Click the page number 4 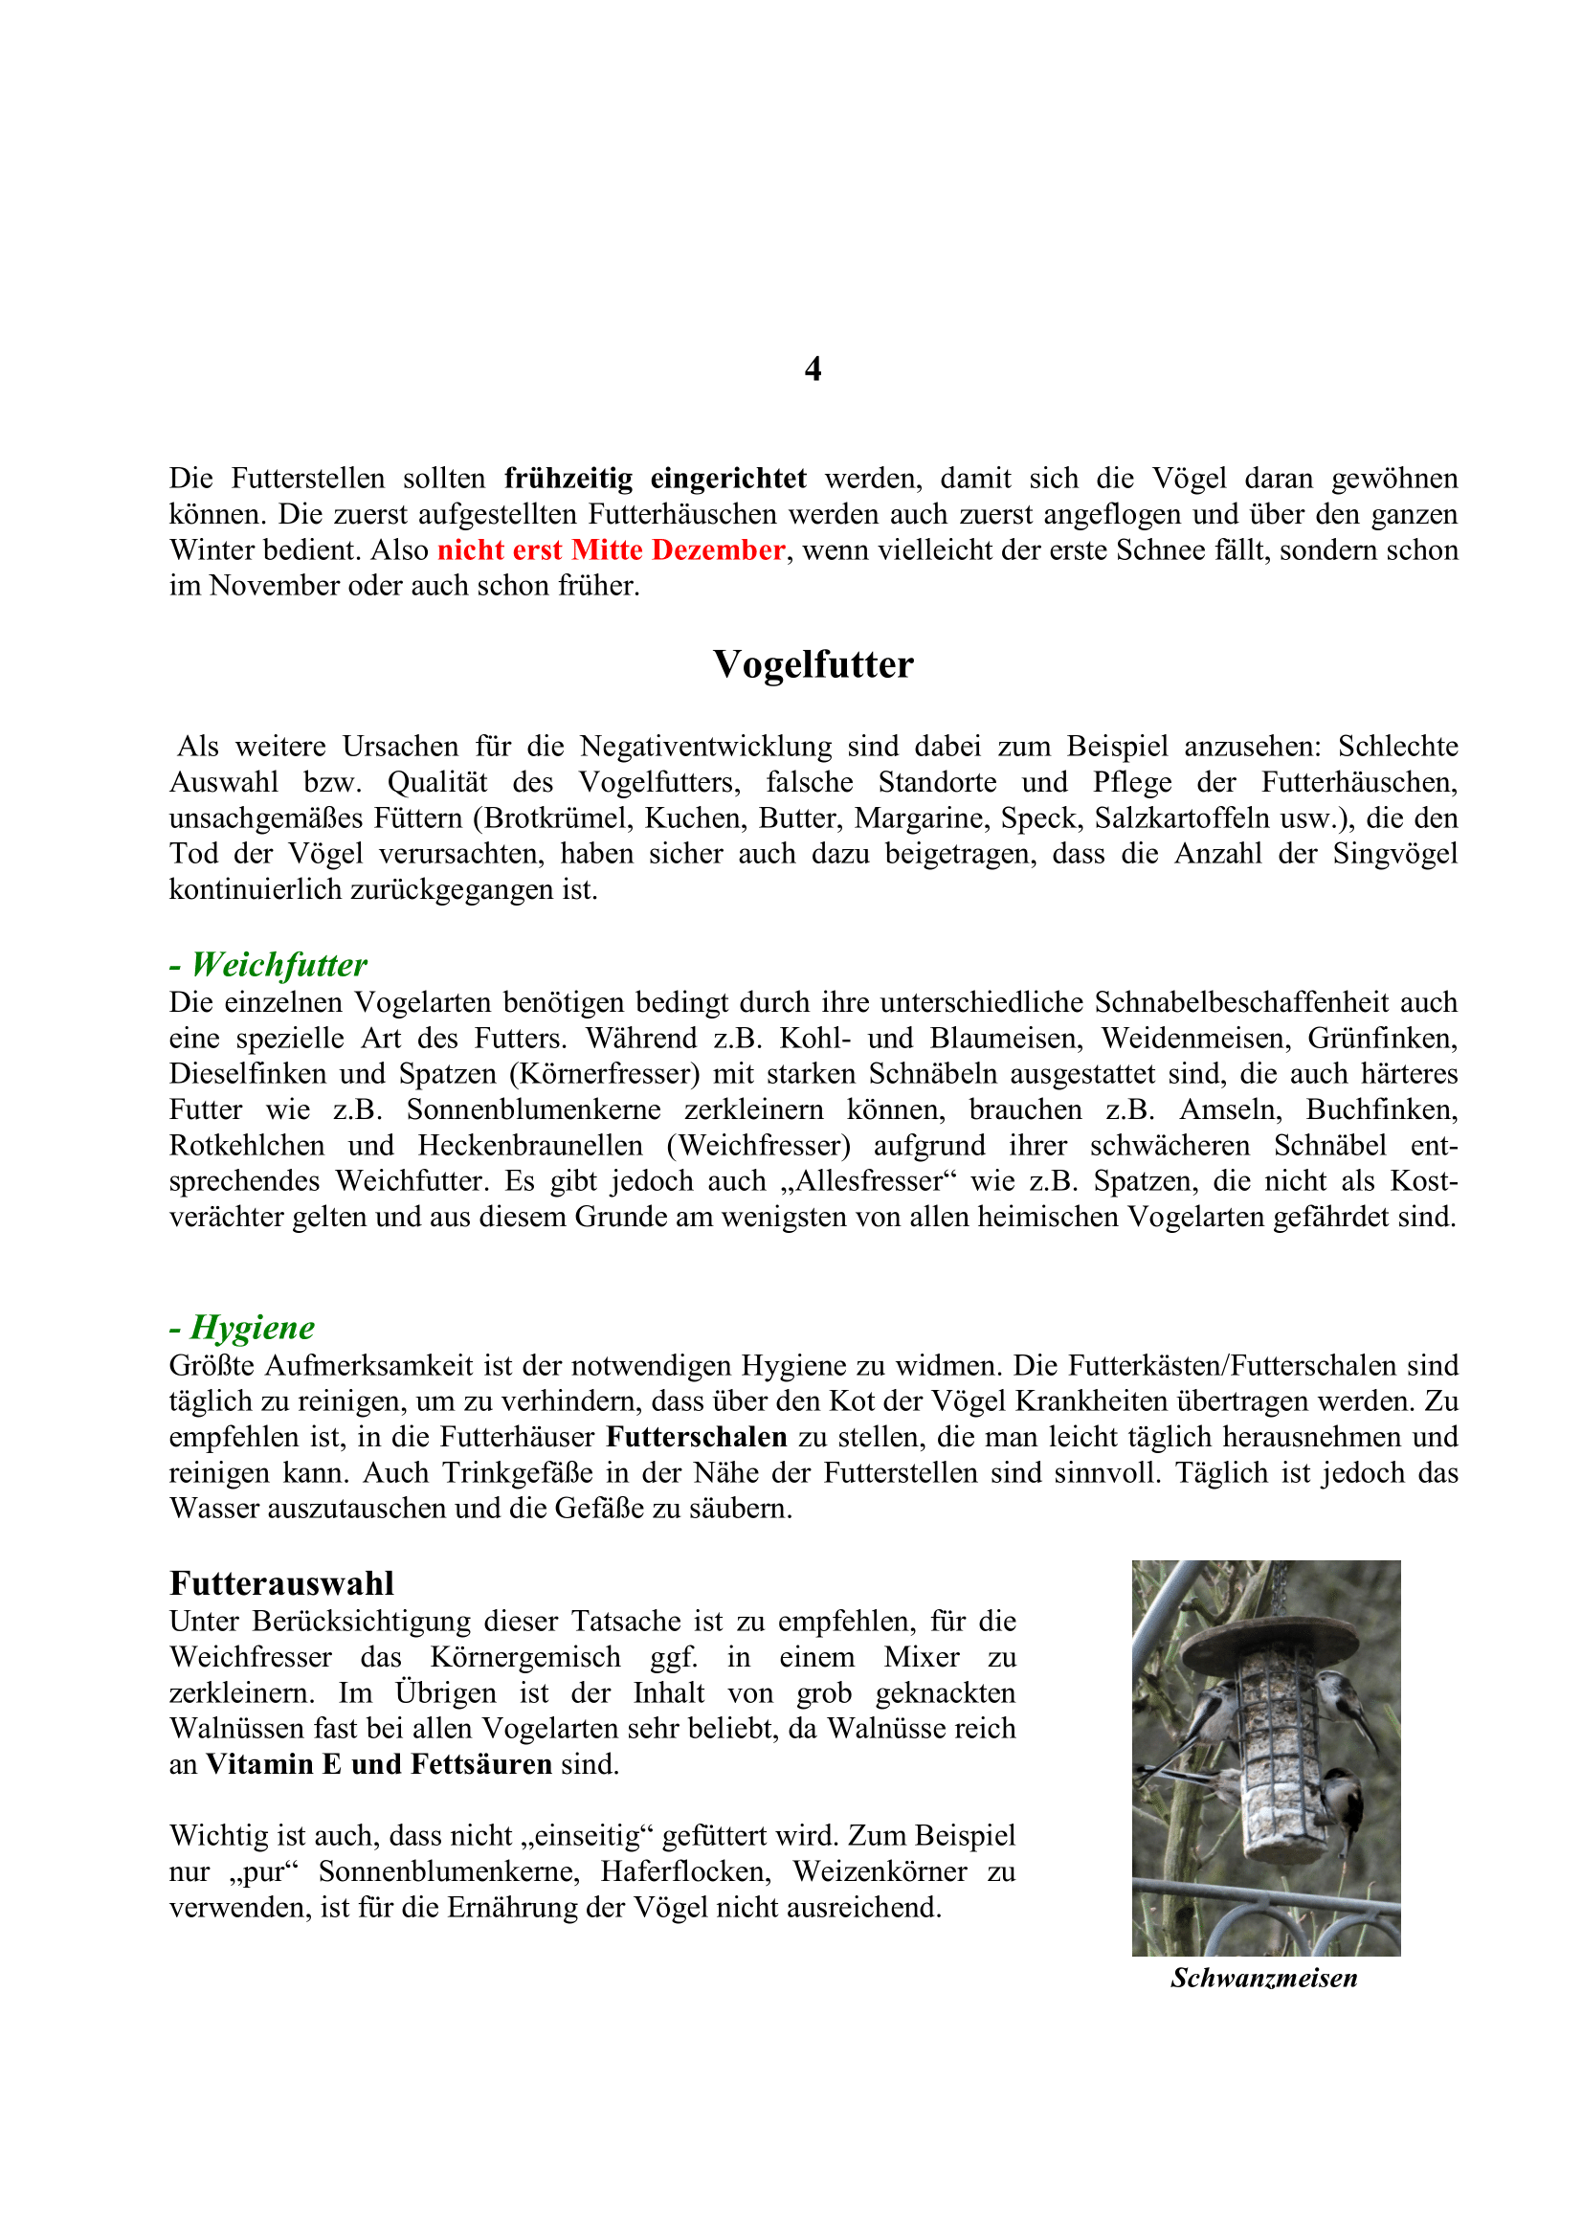pyautogui.click(x=813, y=369)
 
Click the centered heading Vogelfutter pyautogui.click(x=813, y=665)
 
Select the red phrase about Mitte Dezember pyautogui.click(x=612, y=550)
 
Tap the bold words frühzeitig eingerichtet pyautogui.click(x=655, y=479)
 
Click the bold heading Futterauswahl pyautogui.click(x=281, y=1582)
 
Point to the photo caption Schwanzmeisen pyautogui.click(x=1264, y=1978)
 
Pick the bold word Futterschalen pyautogui.click(x=696, y=1437)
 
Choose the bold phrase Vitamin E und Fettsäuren pyautogui.click(x=379, y=1764)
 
